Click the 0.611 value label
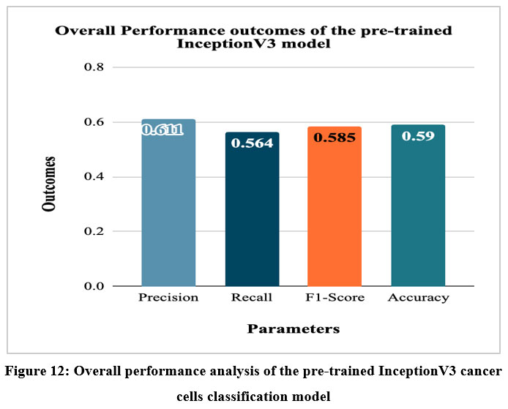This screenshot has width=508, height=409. click(x=163, y=130)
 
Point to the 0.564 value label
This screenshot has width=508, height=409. click(x=252, y=143)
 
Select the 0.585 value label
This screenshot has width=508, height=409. click(x=335, y=137)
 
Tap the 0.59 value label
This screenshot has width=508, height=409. click(x=418, y=135)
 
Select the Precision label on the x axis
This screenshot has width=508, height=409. click(x=168, y=298)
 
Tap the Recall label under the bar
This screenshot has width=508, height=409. click(x=252, y=298)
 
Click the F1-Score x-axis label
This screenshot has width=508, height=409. click(x=335, y=298)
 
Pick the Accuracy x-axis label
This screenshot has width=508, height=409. click(x=418, y=298)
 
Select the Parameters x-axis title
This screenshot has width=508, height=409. click(x=293, y=329)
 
